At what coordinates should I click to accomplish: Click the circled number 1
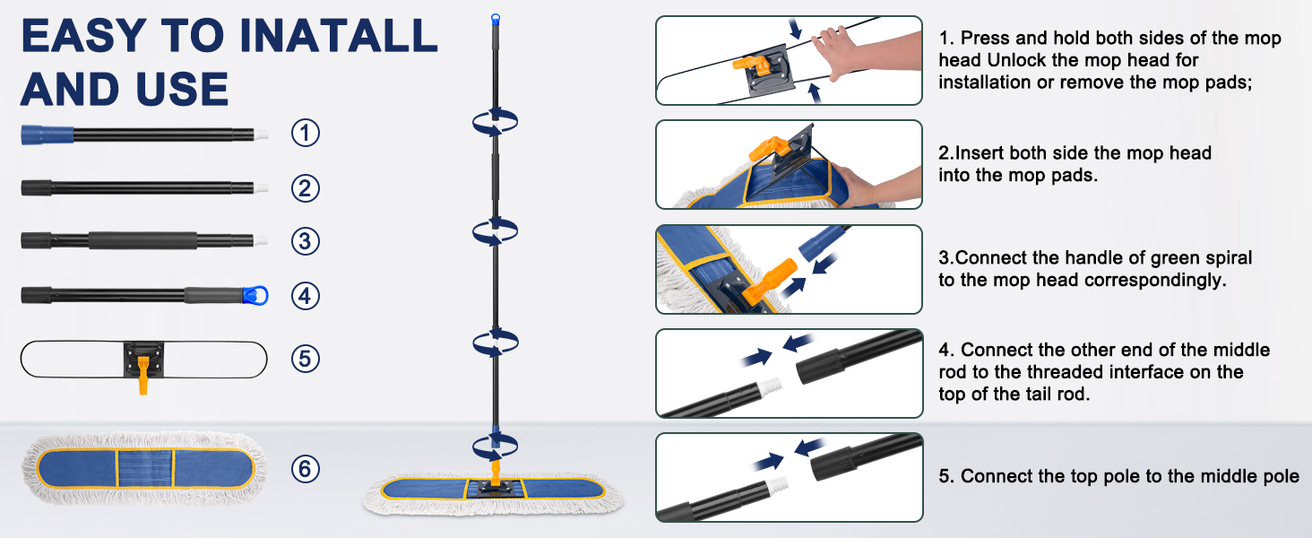[x=306, y=134]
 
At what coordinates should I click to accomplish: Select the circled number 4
[x=306, y=295]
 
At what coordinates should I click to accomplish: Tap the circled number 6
[x=306, y=468]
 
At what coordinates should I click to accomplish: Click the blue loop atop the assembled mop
[x=495, y=18]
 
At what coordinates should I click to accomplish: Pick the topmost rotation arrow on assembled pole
[x=496, y=121]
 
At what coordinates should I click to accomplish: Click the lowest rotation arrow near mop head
[x=496, y=443]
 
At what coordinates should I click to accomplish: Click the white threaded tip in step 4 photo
[x=767, y=387]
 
